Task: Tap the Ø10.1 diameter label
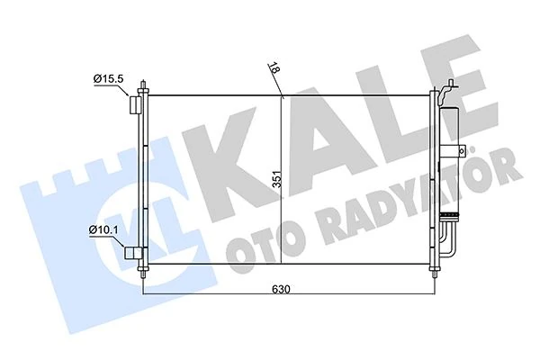coord(105,231)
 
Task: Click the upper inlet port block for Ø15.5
coord(135,105)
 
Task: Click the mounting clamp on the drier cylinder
coord(456,148)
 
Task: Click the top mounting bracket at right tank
coord(446,91)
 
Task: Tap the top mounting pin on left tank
coord(144,86)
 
